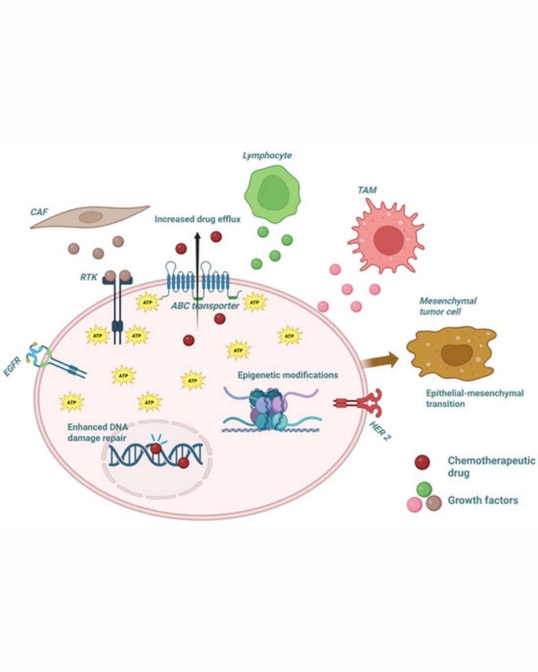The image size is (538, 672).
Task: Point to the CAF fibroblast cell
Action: tap(90, 217)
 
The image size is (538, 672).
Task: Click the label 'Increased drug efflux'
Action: tap(197, 219)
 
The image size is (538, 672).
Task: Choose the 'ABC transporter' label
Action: tap(205, 306)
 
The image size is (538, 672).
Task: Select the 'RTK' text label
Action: tap(89, 277)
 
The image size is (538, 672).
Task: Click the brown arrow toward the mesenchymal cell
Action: tap(381, 359)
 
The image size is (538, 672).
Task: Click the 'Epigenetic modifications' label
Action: tap(287, 375)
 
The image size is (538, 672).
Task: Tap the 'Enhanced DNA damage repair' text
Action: tap(97, 432)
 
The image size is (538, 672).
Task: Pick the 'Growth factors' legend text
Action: tap(483, 500)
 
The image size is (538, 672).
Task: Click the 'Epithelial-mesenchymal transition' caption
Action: tap(474, 398)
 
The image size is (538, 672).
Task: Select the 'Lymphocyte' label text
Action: tap(267, 155)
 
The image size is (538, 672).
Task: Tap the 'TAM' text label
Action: tap(367, 190)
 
